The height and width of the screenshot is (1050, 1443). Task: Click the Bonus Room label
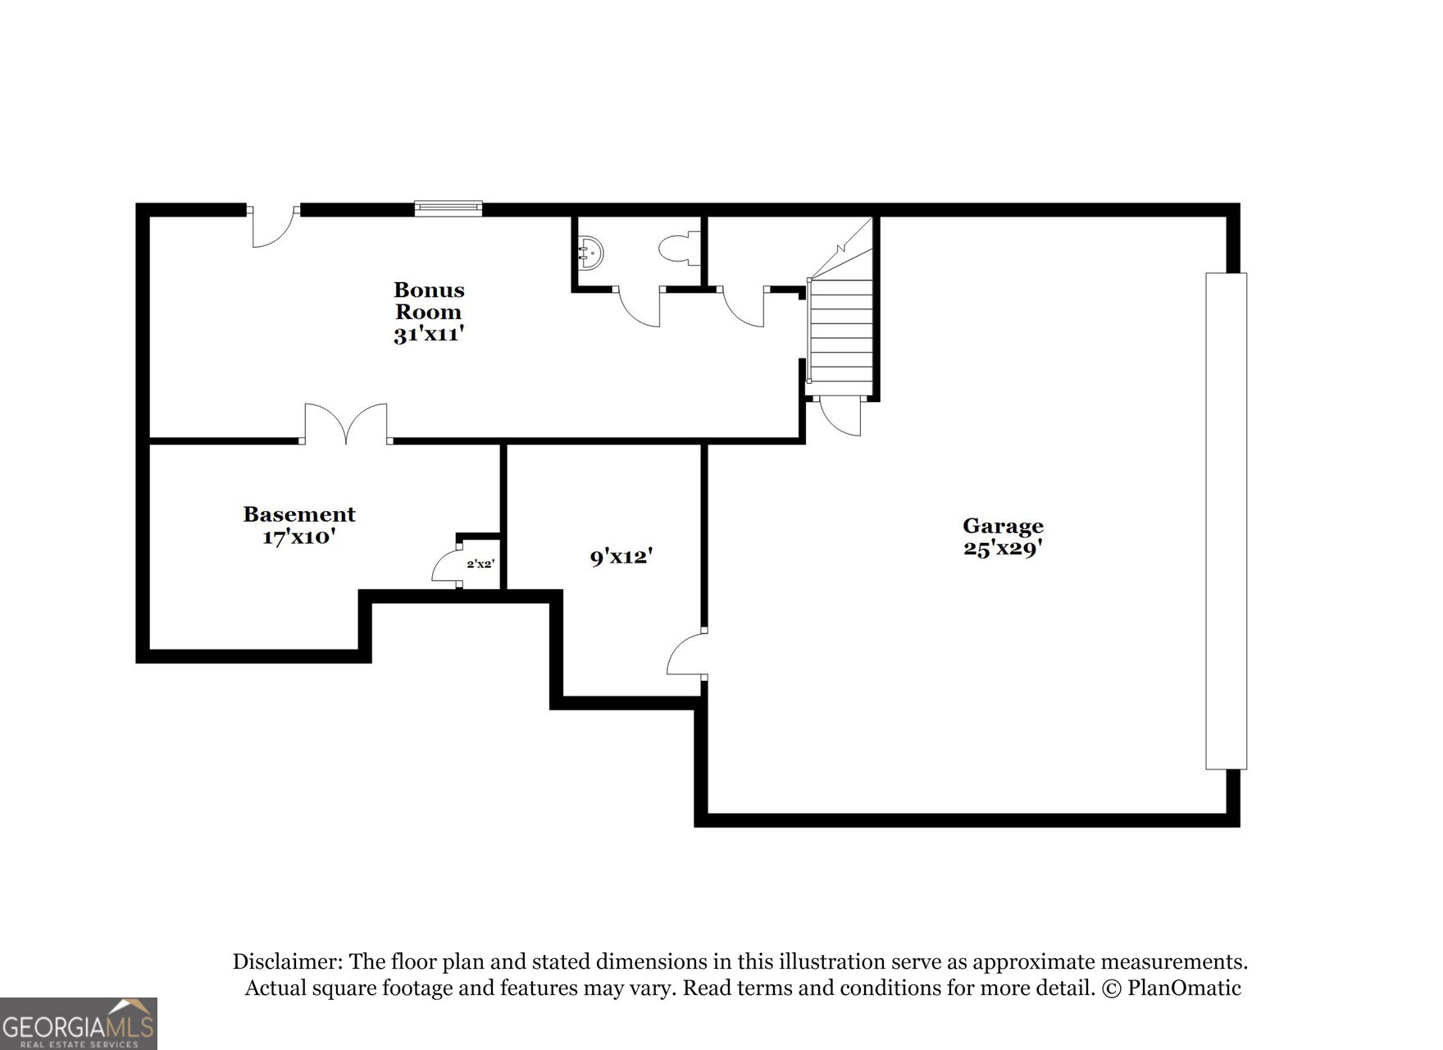(x=429, y=300)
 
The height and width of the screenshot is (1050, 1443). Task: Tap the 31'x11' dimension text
(x=429, y=335)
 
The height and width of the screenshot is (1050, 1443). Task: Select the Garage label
(x=1003, y=526)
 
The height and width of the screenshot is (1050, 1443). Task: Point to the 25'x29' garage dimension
(x=1003, y=548)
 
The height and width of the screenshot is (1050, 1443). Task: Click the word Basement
(x=299, y=514)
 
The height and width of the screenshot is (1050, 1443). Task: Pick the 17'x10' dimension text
(x=299, y=537)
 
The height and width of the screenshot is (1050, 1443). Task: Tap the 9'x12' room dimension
(x=621, y=557)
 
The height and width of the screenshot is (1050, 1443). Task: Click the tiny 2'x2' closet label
(x=480, y=564)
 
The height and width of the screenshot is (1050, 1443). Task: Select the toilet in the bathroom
(x=678, y=248)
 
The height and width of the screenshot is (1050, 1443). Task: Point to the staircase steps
(x=841, y=331)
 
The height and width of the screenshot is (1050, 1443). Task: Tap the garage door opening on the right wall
(x=1226, y=521)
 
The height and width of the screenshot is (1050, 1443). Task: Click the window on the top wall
(x=448, y=208)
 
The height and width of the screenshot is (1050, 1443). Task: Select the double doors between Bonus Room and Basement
(x=346, y=423)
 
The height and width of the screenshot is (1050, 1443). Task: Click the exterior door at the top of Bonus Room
(x=274, y=226)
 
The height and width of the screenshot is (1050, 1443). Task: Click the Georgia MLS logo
(x=79, y=1024)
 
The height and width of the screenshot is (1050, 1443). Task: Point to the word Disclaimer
(x=287, y=961)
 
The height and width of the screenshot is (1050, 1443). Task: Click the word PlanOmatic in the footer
(x=1184, y=988)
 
